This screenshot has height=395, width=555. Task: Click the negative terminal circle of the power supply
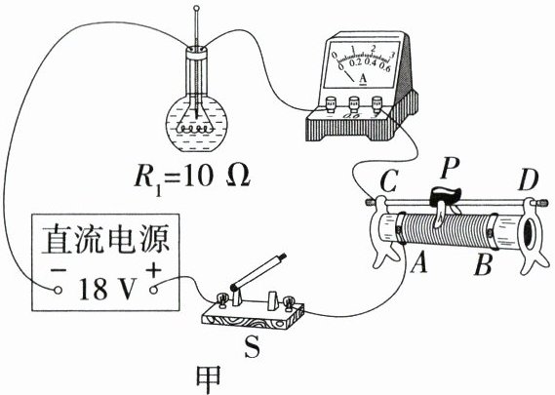[59, 291]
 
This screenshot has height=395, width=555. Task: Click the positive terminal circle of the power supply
[153, 290]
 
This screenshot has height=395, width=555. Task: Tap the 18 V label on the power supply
[107, 289]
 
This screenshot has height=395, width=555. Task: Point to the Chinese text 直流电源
[105, 239]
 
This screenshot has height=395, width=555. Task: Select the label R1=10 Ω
[192, 178]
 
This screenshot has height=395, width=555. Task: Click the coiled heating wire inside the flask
[195, 129]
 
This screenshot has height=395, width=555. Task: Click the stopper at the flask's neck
[196, 52]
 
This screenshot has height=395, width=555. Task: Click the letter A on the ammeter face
[363, 79]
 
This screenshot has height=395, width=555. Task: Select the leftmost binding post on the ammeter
[332, 104]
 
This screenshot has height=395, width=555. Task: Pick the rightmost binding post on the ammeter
[377, 104]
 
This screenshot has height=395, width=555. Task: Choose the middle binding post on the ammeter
[354, 104]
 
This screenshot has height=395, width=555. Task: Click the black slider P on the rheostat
[445, 196]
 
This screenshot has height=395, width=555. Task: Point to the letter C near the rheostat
[389, 181]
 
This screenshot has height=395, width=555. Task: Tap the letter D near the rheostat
[529, 180]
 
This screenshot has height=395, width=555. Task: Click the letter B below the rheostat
[483, 264]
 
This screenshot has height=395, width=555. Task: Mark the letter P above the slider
[450, 168]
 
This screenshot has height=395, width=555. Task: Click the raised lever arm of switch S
[258, 271]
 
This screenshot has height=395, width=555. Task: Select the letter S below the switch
[253, 345]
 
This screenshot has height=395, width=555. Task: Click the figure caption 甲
[209, 379]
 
